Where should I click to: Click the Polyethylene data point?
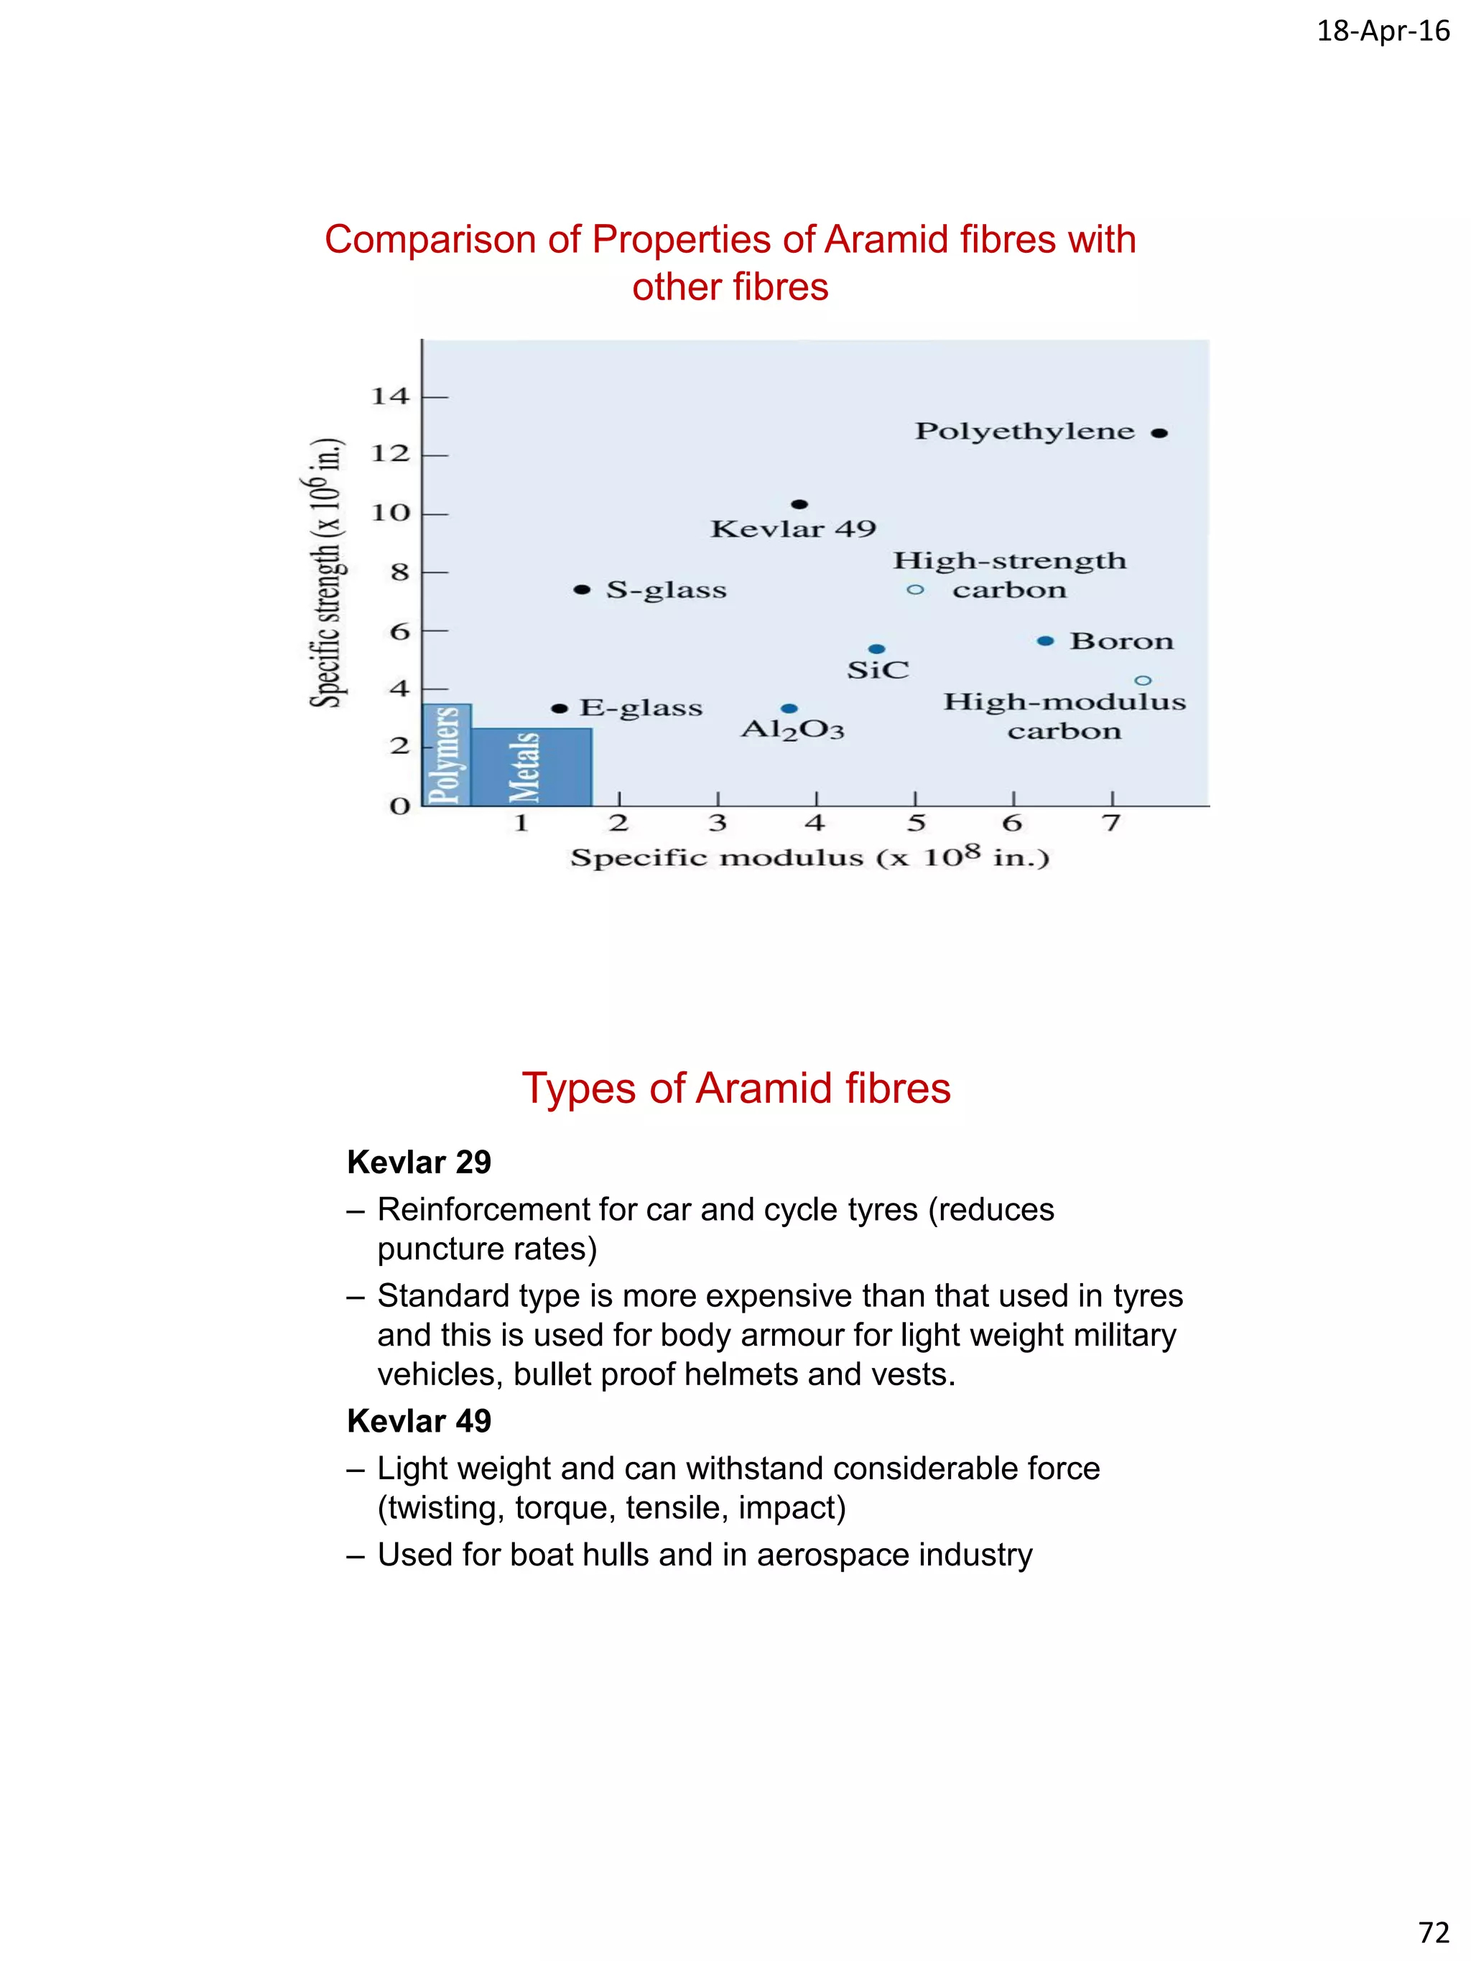[1159, 434]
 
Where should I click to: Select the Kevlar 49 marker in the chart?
[799, 505]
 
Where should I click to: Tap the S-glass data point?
[582, 590]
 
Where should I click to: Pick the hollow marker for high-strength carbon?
[915, 590]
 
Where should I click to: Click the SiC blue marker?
[876, 649]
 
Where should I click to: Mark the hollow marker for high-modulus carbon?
[1143, 681]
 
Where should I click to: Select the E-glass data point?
[559, 708]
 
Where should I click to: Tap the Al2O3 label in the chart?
[792, 730]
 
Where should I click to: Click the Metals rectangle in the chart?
[532, 767]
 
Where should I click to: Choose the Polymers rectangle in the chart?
[445, 755]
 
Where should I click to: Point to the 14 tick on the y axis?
[390, 396]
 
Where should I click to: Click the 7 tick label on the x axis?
[1111, 824]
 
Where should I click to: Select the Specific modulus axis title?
[809, 857]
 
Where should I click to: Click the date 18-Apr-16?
[1383, 31]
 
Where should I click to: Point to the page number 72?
[1433, 1932]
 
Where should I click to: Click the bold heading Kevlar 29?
[419, 1161]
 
